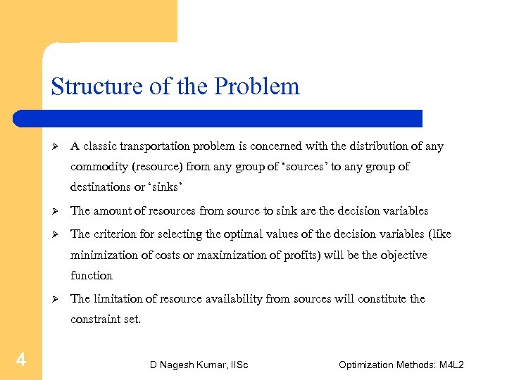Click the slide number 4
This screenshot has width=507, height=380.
[21, 361]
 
